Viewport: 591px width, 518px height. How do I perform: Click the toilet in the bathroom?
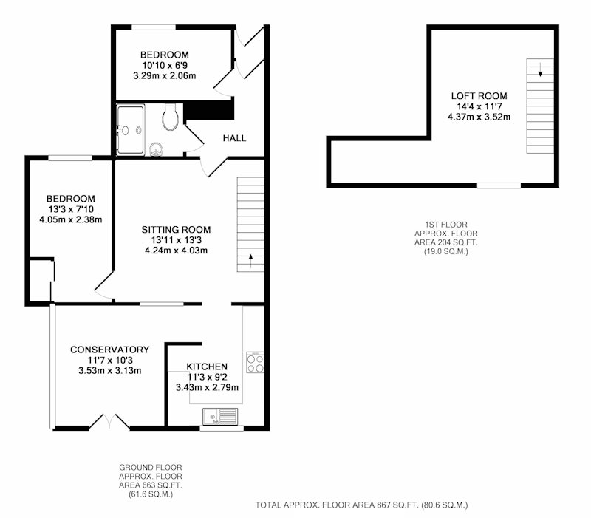point(170,117)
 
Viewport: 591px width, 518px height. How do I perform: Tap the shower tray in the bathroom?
point(130,130)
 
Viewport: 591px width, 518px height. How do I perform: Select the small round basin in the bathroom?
point(156,149)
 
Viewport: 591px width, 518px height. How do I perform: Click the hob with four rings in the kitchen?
point(255,363)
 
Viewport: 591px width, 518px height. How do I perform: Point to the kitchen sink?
point(220,416)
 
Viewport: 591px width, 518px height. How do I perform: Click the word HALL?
point(234,138)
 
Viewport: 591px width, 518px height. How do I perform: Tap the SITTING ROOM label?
point(176,230)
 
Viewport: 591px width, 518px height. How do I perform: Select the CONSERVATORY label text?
point(109,350)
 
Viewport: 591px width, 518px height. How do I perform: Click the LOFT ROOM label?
point(479,96)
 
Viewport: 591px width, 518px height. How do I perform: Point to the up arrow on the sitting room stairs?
point(250,261)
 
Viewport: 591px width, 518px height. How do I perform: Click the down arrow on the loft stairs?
point(541,69)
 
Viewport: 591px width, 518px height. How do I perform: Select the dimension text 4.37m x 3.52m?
point(479,117)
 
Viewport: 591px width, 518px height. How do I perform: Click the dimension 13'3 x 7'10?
point(70,209)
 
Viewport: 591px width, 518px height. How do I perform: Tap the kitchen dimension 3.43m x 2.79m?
point(207,387)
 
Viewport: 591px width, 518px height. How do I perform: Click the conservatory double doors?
point(109,421)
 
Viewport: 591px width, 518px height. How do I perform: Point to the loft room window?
point(499,185)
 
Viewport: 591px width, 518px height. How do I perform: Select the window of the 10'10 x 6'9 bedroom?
point(154,27)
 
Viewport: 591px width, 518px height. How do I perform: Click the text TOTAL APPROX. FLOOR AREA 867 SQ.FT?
point(337,505)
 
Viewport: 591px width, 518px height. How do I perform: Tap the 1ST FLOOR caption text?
point(446,225)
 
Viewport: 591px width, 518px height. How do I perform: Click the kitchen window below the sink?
point(222,428)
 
